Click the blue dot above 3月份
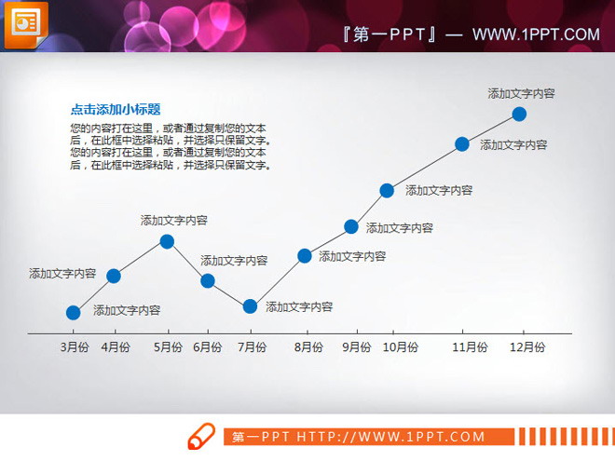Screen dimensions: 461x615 click(74, 313)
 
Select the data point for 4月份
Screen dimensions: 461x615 click(114, 276)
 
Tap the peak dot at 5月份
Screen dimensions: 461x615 click(167, 241)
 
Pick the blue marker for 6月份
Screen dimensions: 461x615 click(208, 280)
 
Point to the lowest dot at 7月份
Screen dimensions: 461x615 click(250, 306)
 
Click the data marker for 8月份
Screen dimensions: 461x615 click(305, 255)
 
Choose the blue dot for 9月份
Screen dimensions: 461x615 click(351, 226)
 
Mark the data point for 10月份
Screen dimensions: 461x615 click(387, 190)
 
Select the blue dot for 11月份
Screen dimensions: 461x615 click(461, 143)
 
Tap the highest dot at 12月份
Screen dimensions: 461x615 click(520, 114)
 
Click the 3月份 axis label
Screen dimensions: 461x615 click(75, 347)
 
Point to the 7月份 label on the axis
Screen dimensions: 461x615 click(252, 347)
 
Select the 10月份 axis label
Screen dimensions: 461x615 click(401, 347)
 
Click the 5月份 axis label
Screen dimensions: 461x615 click(168, 347)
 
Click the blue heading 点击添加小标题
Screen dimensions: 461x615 click(116, 110)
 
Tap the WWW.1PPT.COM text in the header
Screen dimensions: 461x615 click(536, 35)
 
